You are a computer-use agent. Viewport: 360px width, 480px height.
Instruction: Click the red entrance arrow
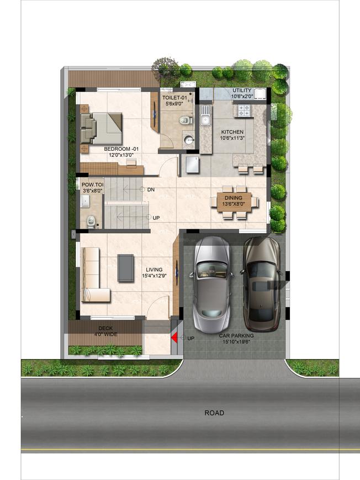coord(174,337)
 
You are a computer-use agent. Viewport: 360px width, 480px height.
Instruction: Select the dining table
coord(234,202)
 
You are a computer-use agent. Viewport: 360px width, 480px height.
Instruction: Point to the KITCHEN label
coord(232,132)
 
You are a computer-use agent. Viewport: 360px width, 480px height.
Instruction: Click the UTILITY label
coord(242,90)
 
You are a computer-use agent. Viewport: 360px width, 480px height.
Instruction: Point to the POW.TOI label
coord(92,184)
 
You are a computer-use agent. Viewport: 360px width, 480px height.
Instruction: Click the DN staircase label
coord(151,190)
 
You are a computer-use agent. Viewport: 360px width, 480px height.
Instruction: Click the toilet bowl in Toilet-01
coord(184,120)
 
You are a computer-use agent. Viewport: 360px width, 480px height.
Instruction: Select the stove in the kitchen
coord(243,111)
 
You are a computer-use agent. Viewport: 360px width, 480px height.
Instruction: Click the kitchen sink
coord(206,118)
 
